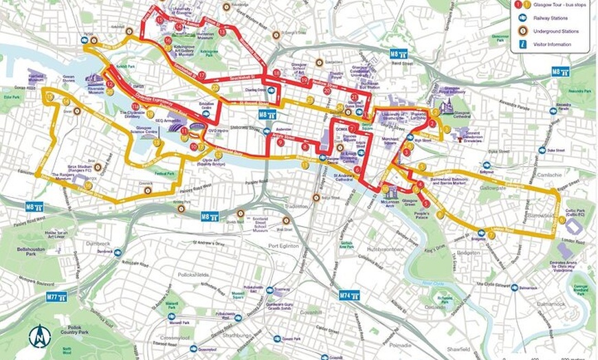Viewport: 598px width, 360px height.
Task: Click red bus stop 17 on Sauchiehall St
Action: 201,75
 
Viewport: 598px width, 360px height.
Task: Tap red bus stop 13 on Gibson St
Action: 160,21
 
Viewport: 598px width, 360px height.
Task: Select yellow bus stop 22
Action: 215,88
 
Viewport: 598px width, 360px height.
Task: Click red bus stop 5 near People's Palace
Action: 426,204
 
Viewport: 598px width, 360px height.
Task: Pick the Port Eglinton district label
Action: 283,246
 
